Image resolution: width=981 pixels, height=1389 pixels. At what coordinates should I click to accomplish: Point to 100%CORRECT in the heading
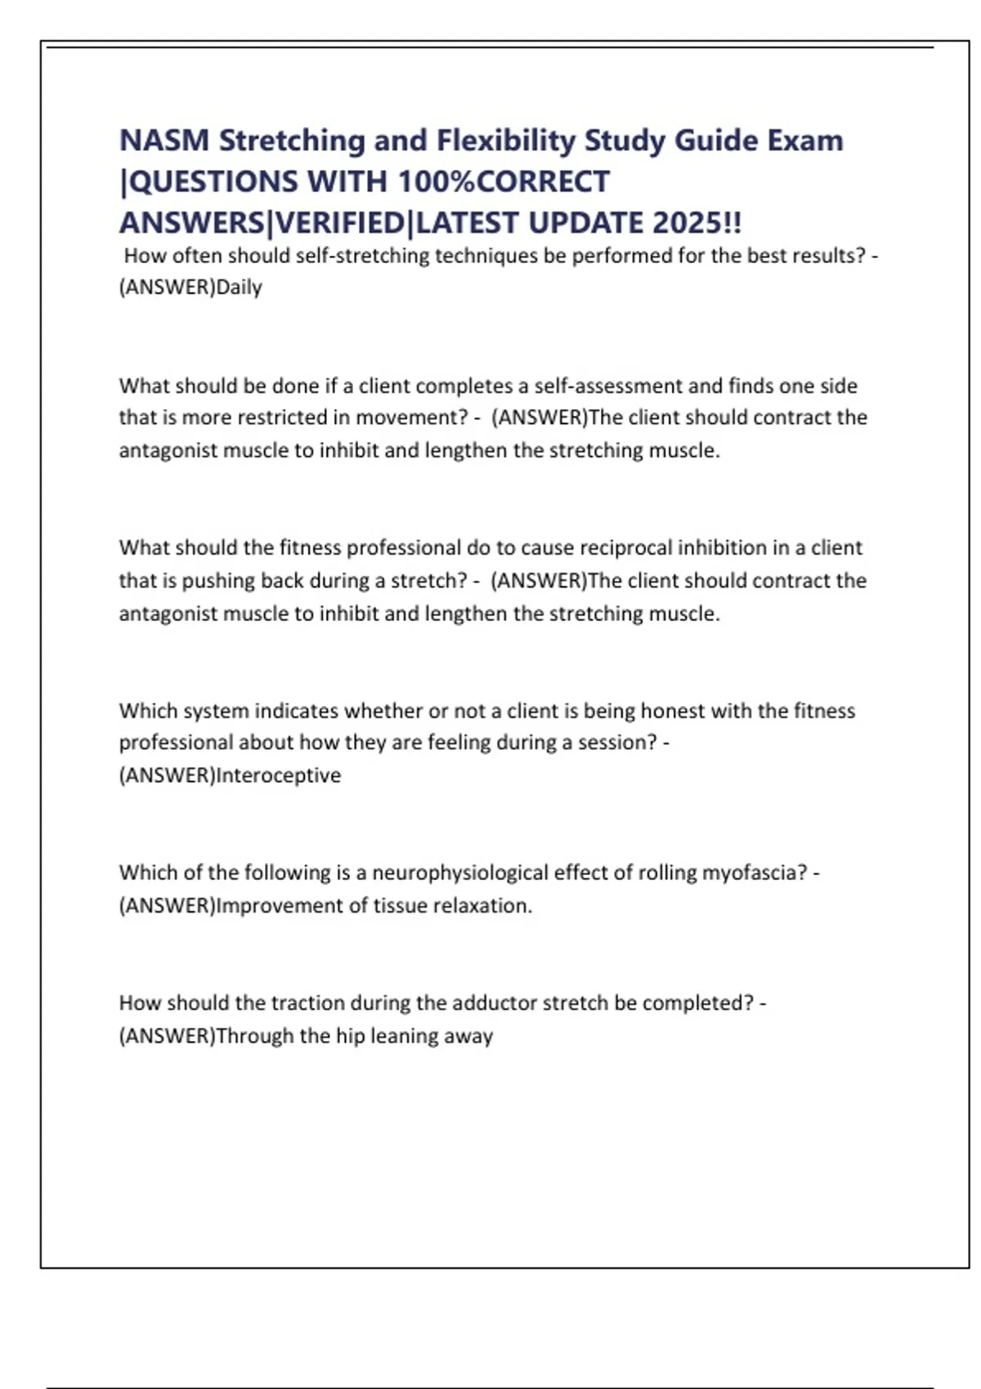coord(504,181)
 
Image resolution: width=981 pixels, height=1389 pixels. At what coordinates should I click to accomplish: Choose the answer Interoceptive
coord(278,775)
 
